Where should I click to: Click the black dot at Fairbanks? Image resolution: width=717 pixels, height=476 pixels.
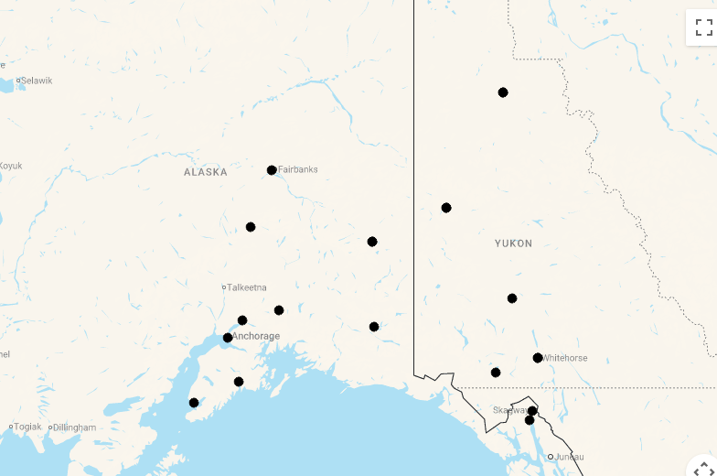pyautogui.click(x=272, y=170)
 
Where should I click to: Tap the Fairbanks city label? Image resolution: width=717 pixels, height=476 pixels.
pyautogui.click(x=298, y=170)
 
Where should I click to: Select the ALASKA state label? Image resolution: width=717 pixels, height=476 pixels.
pyautogui.click(x=205, y=172)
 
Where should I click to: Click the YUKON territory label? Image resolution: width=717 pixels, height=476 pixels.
pyautogui.click(x=513, y=243)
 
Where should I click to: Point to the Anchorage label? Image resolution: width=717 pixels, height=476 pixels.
pyautogui.click(x=256, y=337)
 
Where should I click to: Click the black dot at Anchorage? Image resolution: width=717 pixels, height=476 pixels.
pyautogui.click(x=228, y=338)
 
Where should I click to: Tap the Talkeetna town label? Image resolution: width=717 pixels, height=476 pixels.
pyautogui.click(x=247, y=287)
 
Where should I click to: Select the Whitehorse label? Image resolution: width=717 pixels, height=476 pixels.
pyautogui.click(x=565, y=358)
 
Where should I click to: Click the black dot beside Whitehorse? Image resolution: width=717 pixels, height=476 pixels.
pyautogui.click(x=538, y=358)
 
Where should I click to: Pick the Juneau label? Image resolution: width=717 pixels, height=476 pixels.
pyautogui.click(x=569, y=457)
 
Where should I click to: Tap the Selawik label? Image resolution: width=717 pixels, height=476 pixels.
pyautogui.click(x=37, y=81)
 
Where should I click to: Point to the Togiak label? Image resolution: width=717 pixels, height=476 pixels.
pyautogui.click(x=27, y=427)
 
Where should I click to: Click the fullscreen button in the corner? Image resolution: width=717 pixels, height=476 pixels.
pyautogui.click(x=703, y=27)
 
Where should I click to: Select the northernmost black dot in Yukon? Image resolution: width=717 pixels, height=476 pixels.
pyautogui.click(x=503, y=92)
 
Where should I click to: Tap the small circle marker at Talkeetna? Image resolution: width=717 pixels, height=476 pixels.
pyautogui.click(x=223, y=287)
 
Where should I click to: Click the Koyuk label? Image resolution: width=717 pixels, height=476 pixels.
pyautogui.click(x=10, y=166)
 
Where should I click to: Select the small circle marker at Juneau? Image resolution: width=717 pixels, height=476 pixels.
pyautogui.click(x=551, y=457)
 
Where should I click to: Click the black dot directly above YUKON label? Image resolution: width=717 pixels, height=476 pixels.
pyautogui.click(x=446, y=208)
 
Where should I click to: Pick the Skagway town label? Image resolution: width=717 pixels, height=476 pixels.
pyautogui.click(x=508, y=410)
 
